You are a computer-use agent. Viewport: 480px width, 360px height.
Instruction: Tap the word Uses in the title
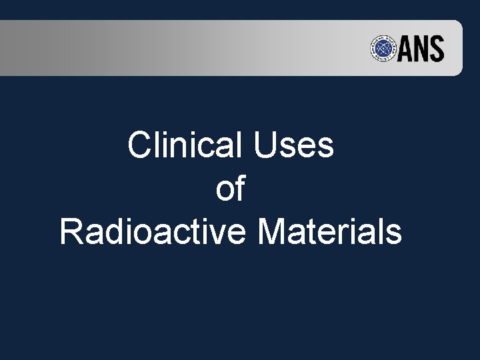click(294, 145)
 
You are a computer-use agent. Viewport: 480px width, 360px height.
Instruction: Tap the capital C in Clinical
click(139, 145)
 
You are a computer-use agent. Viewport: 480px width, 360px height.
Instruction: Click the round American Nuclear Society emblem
click(384, 49)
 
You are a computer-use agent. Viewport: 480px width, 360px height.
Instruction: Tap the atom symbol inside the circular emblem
click(384, 49)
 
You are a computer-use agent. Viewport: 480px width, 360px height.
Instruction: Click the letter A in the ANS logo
click(408, 49)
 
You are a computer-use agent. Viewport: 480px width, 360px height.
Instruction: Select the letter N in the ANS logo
click(423, 49)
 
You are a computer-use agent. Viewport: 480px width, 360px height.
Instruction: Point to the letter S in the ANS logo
click(437, 49)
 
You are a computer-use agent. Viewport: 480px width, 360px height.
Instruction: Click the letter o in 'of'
click(225, 191)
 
